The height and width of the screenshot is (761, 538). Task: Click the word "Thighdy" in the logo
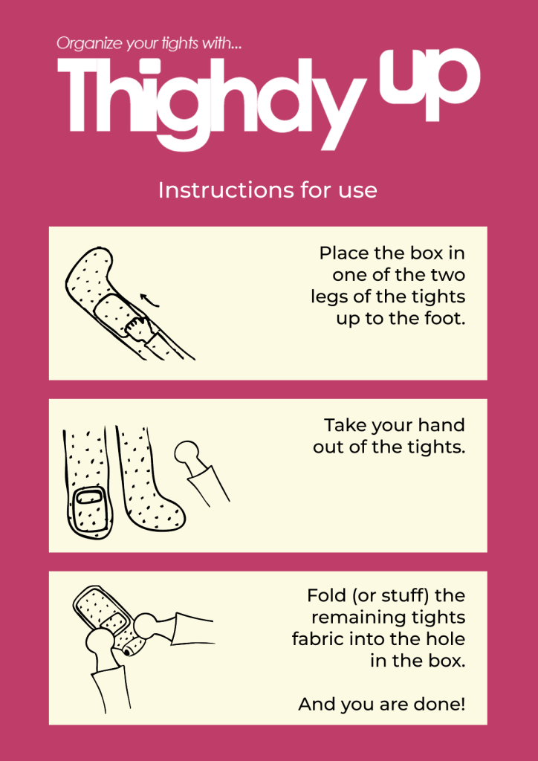click(212, 104)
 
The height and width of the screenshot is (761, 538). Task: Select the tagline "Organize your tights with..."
click(153, 44)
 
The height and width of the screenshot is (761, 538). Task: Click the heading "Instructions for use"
click(268, 190)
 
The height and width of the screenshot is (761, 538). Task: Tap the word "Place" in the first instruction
click(343, 253)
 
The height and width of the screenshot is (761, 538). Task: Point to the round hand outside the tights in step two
click(187, 454)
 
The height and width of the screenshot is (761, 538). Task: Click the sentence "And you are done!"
click(382, 705)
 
